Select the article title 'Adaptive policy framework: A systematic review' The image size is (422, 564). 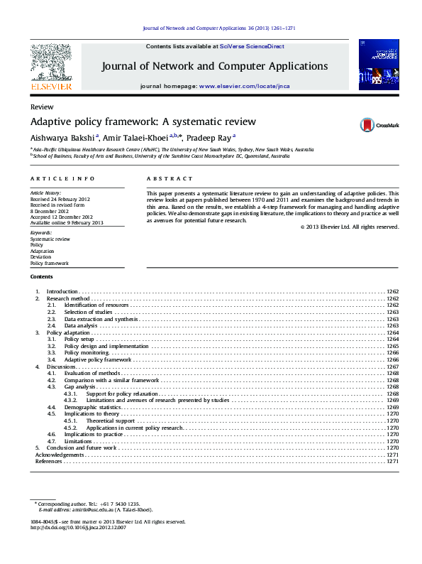coord(143,121)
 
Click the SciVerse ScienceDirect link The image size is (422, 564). coord(252,46)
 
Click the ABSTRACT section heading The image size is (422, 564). coord(170,179)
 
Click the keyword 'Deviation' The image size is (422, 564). coord(40,257)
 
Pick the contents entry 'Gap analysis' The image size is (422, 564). coord(79,386)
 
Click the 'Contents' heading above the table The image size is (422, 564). coord(41,276)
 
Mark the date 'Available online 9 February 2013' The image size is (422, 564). coord(66,223)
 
